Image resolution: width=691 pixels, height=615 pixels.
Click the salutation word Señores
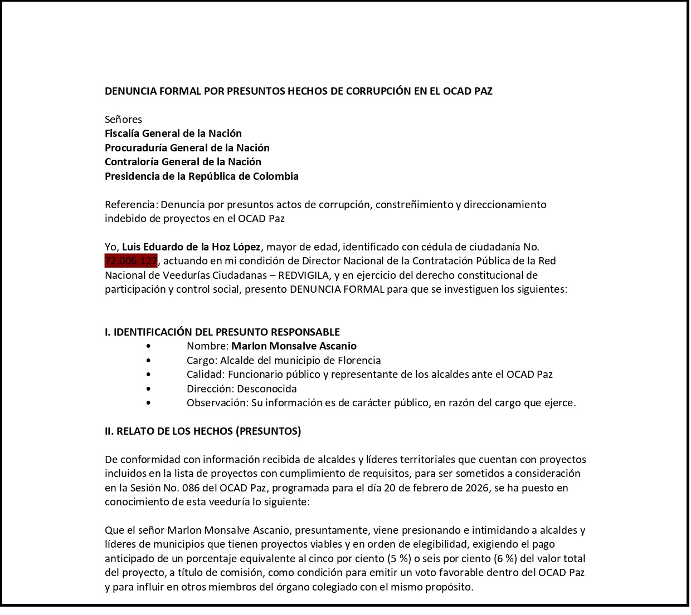123,120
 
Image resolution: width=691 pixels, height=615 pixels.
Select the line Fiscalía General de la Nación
173,134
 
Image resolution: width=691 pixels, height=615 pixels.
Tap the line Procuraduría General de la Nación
187,148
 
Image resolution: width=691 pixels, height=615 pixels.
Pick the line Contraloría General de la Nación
183,162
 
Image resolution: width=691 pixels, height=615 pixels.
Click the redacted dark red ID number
131,260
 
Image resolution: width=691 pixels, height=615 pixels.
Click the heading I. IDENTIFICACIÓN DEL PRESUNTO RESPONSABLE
222,332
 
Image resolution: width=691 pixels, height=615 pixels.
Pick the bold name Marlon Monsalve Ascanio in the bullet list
294,346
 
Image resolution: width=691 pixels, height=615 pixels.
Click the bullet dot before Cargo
148,361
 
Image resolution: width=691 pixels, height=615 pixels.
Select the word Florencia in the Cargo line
355,361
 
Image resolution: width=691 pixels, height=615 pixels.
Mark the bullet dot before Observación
148,403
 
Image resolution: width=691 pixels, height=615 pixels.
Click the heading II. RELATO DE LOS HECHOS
203,431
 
